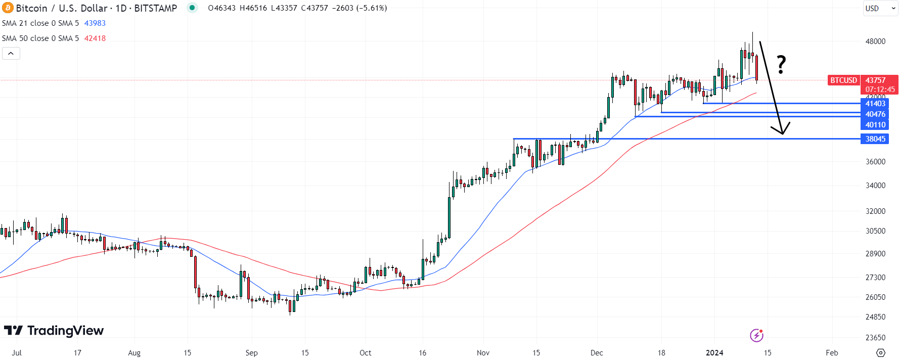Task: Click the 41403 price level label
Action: point(875,104)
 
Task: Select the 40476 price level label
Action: point(875,114)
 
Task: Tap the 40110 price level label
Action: point(875,125)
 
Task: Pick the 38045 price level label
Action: point(875,139)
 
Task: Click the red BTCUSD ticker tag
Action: point(843,80)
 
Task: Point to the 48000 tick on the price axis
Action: point(875,41)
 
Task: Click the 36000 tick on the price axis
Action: point(875,162)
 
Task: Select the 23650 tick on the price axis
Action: point(875,338)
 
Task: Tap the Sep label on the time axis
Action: point(251,353)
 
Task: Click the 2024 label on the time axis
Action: point(714,353)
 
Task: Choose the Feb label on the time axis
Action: point(832,353)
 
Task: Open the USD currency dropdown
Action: point(880,9)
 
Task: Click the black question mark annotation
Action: point(781,65)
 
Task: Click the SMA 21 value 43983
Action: point(95,23)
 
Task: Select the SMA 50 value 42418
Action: point(95,38)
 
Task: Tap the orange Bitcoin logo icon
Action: point(8,8)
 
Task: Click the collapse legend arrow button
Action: point(11,53)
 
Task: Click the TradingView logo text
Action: point(65,331)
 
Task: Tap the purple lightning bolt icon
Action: point(756,335)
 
